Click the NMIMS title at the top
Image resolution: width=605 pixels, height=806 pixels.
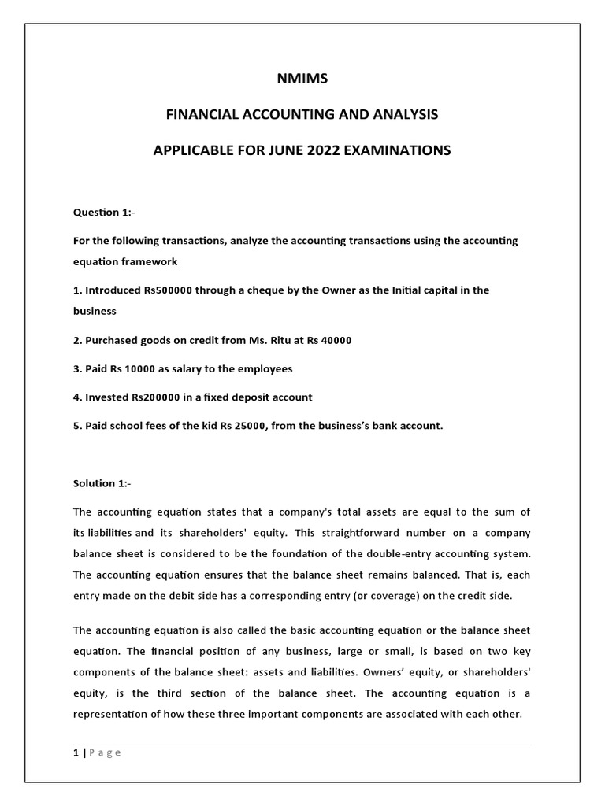pyautogui.click(x=302, y=79)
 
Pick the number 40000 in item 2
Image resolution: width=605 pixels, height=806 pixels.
pyautogui.click(x=335, y=340)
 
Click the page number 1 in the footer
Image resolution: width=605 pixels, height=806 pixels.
pyautogui.click(x=75, y=752)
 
